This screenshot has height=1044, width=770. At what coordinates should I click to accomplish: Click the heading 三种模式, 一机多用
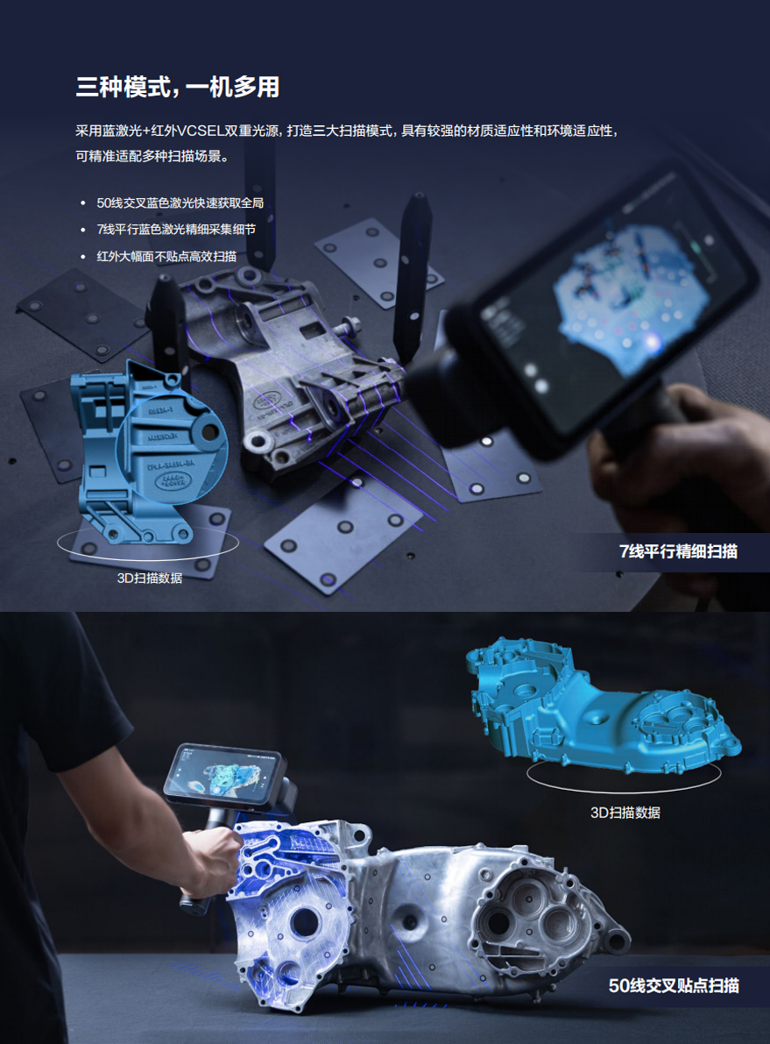(x=178, y=88)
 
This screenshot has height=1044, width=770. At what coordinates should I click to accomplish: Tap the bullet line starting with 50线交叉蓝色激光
(x=180, y=203)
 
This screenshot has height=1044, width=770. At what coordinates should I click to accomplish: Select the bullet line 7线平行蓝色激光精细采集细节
(x=176, y=230)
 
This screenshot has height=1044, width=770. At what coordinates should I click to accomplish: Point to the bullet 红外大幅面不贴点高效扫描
(x=166, y=256)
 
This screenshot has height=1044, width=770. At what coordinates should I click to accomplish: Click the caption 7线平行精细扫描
(x=678, y=551)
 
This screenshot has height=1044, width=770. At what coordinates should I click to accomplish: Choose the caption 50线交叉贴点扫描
(x=674, y=985)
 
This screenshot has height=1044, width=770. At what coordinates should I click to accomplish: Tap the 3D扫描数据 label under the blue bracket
(x=150, y=578)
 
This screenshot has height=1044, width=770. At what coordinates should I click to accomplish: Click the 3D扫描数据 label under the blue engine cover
(x=625, y=813)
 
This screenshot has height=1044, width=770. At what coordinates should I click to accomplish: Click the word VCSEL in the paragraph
(x=201, y=131)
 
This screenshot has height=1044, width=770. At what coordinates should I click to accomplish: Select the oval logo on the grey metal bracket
(x=266, y=400)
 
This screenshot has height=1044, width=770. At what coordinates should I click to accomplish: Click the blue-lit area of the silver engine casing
(x=286, y=885)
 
